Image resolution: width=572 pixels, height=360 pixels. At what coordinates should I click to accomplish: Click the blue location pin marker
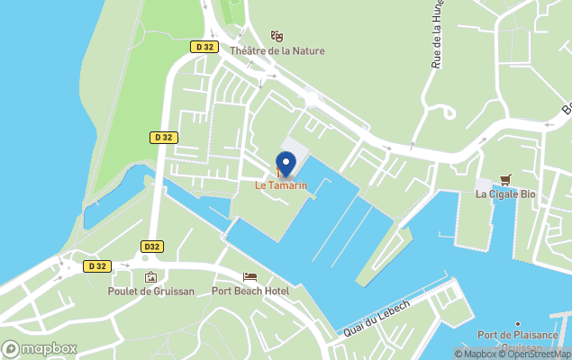[x=285, y=164]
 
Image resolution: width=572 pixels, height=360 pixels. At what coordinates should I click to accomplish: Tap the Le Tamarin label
[x=281, y=185]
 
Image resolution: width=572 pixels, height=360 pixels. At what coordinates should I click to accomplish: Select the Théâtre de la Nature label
[x=277, y=51]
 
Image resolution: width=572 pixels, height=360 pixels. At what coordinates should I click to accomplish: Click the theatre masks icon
[x=277, y=36]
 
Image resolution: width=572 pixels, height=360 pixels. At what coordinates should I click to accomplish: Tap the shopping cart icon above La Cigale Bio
[x=504, y=178]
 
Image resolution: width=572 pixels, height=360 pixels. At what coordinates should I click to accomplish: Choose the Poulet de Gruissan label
[x=150, y=291]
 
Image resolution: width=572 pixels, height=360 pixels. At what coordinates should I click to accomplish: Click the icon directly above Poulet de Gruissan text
[x=150, y=276]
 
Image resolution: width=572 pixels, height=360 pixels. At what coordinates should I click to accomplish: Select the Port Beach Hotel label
[x=250, y=291]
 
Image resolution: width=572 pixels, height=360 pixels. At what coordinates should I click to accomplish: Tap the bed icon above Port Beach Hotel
[x=250, y=276]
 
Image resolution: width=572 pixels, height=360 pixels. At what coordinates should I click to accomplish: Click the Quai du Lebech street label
[x=377, y=318]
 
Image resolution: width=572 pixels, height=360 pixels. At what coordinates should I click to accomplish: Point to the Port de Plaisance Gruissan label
[x=517, y=341]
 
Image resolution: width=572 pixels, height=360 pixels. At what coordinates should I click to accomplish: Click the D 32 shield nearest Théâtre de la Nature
[x=204, y=46]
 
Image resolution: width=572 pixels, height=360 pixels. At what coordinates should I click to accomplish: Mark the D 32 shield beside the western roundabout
[x=96, y=265]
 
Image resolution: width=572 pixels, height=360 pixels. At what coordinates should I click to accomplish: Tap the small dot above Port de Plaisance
[x=517, y=324]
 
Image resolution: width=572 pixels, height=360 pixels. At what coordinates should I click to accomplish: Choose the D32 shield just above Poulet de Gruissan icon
[x=152, y=246]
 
